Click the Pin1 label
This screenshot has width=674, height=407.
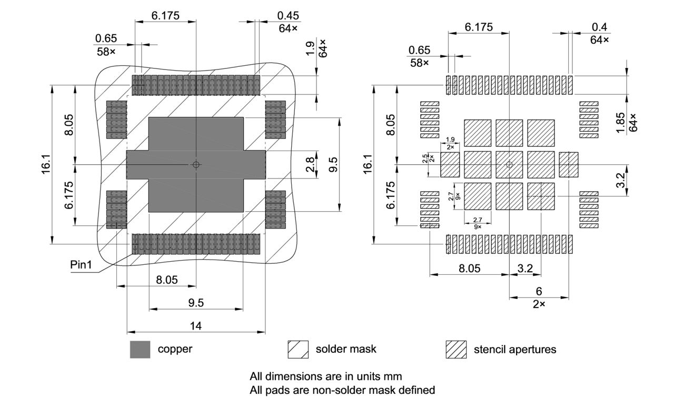[81, 265]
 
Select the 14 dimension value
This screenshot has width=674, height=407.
[195, 326]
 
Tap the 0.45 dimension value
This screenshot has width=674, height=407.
[288, 15]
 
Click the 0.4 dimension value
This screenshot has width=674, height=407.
[599, 27]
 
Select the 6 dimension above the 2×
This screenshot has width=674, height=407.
[539, 291]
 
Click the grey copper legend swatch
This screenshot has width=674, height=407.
[140, 350]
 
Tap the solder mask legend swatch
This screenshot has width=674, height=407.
[298, 350]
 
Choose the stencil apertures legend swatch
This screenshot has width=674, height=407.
[456, 350]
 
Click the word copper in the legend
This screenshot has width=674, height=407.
[175, 349]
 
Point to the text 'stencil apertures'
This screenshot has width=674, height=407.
[514, 349]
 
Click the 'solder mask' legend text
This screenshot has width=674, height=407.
[346, 349]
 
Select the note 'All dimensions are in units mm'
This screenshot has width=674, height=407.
[326, 377]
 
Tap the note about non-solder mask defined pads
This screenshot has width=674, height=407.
[342, 390]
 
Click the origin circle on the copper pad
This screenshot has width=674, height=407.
[196, 165]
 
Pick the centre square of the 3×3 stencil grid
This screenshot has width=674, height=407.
[509, 165]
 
